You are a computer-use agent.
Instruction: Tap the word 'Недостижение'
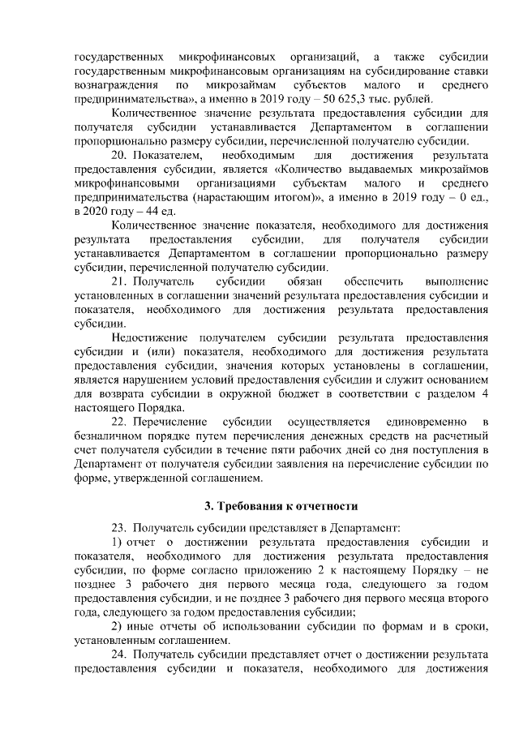pos(150,337)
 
